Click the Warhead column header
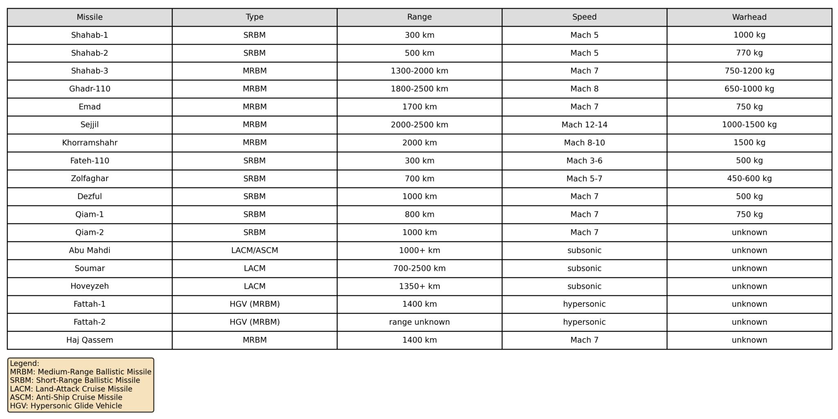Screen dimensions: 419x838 749,17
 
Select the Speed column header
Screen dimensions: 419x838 584,17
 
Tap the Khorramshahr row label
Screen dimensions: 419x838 90,143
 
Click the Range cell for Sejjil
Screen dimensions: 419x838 419,125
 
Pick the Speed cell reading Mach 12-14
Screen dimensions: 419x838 584,125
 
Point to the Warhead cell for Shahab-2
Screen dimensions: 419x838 749,53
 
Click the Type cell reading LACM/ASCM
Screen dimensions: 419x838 254,251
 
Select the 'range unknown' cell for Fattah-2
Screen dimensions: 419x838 419,322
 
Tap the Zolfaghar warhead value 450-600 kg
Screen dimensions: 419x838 749,179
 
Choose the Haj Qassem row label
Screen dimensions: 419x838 90,340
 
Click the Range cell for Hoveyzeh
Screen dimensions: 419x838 419,287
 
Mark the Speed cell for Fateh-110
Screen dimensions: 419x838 584,161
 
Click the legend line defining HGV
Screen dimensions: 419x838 66,406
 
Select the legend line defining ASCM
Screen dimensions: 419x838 66,397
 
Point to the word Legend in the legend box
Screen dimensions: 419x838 24,364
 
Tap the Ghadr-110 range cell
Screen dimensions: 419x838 419,89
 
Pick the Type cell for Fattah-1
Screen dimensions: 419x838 254,304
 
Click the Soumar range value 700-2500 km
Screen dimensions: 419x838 419,269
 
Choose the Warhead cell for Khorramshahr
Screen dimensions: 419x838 749,143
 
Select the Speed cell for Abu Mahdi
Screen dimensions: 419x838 584,251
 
